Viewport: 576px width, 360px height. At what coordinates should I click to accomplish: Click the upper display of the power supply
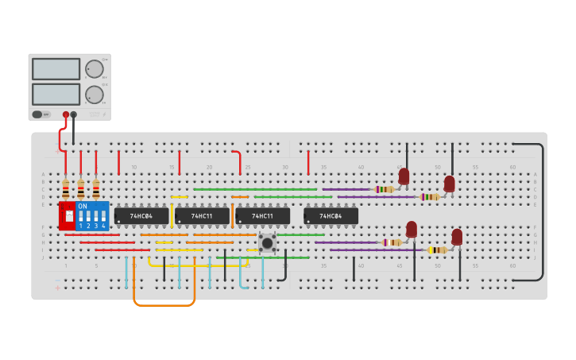tap(56, 69)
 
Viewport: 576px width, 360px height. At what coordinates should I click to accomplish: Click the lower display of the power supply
tap(56, 95)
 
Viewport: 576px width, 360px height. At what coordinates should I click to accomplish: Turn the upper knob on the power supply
tap(94, 69)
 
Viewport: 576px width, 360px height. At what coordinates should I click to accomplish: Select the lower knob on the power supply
tap(94, 95)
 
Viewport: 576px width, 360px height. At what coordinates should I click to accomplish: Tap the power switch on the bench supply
tap(37, 114)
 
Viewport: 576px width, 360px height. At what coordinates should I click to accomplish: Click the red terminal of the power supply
tap(66, 114)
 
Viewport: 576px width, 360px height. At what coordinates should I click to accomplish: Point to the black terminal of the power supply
tap(74, 114)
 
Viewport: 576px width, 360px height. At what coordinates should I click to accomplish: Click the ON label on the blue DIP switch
tap(83, 206)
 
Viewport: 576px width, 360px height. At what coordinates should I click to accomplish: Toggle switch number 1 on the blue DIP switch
tap(80, 216)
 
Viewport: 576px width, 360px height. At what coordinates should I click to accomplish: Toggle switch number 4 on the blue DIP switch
tap(103, 216)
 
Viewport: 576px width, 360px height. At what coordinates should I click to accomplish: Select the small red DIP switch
tap(68, 216)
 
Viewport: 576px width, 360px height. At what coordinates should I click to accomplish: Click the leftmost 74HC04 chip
tap(141, 216)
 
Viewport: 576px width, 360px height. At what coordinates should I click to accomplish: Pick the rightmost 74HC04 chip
tap(331, 216)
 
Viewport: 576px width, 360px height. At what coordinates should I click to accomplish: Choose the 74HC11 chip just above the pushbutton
tap(262, 216)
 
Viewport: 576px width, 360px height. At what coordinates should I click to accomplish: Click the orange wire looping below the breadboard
tap(164, 304)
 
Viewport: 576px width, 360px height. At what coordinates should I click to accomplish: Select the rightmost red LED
tap(457, 237)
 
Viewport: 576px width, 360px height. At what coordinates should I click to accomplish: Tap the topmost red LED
tap(404, 176)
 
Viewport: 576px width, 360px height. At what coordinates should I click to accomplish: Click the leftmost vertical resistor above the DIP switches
tap(66, 189)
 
